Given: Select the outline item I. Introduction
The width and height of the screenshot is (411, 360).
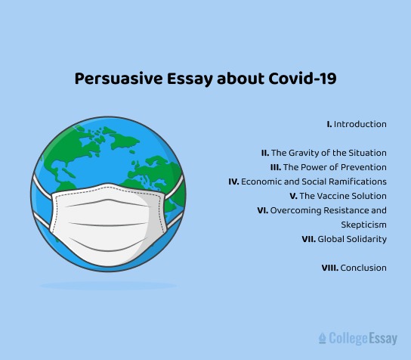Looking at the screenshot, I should tap(356, 124).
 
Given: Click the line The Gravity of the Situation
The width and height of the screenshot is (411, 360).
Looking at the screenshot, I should tap(324, 153).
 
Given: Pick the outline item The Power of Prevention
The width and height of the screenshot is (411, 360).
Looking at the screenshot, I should tap(329, 167).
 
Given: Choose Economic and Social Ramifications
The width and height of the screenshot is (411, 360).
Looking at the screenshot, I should tap(307, 182).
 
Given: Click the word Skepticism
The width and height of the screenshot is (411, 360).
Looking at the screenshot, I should tap(365, 225).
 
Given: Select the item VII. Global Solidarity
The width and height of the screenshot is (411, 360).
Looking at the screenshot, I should tap(344, 239).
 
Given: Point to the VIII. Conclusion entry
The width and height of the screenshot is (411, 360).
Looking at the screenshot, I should tap(354, 268).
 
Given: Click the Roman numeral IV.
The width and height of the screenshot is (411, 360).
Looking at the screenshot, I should tap(233, 182).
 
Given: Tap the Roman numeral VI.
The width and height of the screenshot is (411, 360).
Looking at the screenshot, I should tap(262, 210).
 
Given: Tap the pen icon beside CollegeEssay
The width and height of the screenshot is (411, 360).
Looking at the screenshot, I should tap(323, 338).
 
